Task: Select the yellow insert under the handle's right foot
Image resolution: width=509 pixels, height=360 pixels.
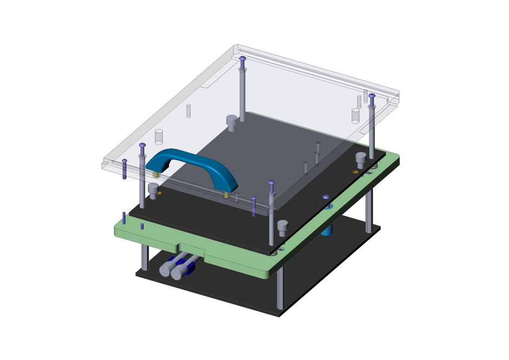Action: click(x=227, y=193)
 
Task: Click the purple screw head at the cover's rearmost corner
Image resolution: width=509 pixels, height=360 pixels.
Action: click(x=242, y=58)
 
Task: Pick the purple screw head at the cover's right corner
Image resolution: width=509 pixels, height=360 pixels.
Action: click(x=371, y=96)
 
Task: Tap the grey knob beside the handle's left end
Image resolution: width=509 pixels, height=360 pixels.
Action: click(x=153, y=189)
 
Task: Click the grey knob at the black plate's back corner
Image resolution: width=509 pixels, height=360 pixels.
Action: click(x=232, y=122)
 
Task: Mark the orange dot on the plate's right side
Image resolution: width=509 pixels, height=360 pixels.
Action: click(x=355, y=172)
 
